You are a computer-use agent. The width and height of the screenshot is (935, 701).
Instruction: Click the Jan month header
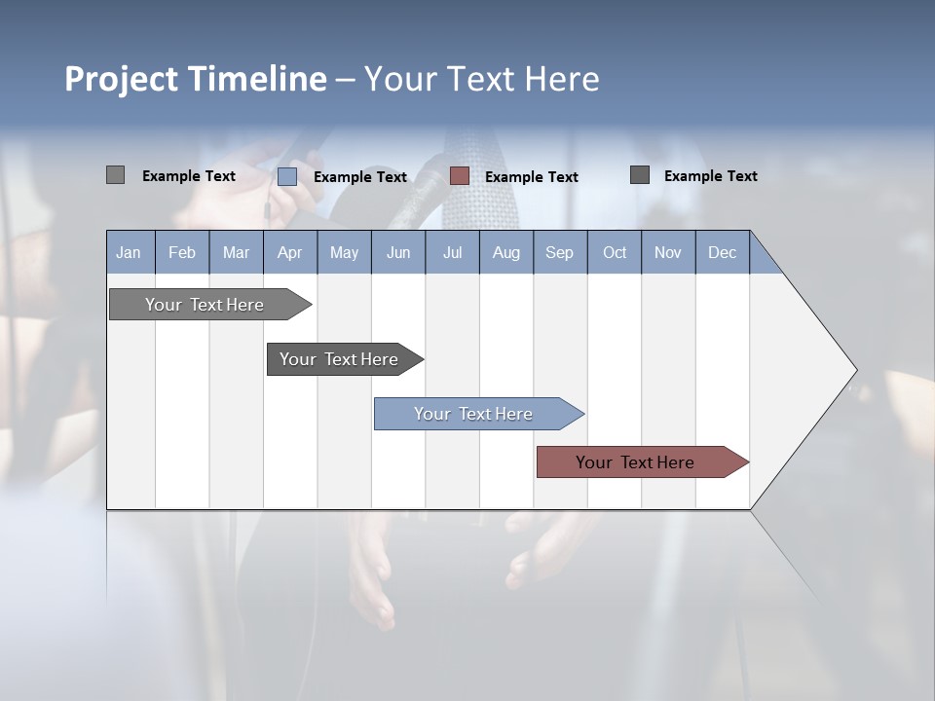pos(130,252)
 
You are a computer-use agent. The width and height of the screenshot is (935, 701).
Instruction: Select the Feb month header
pos(182,252)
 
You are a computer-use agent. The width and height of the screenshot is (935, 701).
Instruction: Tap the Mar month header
pos(236,252)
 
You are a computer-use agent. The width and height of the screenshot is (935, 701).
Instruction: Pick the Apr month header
pos(290,252)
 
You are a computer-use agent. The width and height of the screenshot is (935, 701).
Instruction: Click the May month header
pos(344,252)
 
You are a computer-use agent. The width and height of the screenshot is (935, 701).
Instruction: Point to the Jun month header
pos(398,252)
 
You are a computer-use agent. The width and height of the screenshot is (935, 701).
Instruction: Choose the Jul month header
pos(452,252)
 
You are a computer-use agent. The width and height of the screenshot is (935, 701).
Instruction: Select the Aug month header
pos(506,252)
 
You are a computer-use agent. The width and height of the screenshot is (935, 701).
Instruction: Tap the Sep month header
pos(560,252)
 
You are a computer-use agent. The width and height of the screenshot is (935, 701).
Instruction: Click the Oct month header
pos(615,252)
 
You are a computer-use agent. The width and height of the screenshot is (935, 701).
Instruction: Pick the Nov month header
pos(668,252)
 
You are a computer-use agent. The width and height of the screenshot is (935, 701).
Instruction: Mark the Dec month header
pos(723,252)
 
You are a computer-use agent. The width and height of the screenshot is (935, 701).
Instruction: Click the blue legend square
pos(287,176)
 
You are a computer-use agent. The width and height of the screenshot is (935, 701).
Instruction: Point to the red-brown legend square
pos(460,176)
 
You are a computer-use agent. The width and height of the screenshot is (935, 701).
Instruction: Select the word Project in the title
pos(121,79)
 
